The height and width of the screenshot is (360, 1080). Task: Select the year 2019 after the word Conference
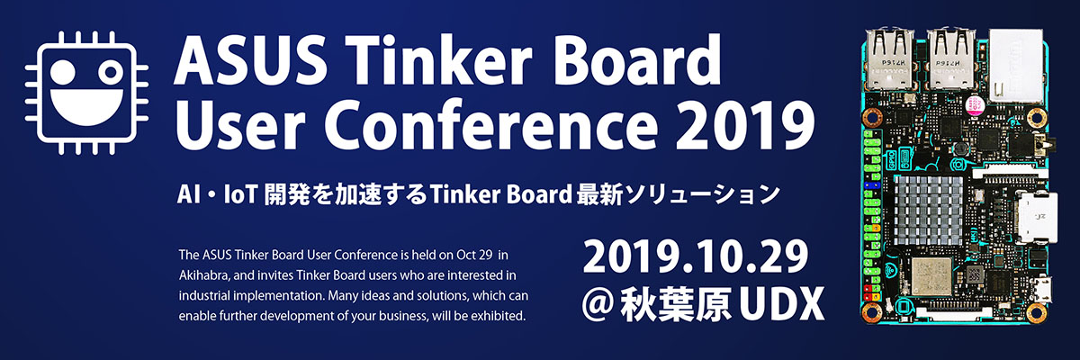coord(745,127)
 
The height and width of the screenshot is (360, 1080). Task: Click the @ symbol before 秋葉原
coord(597,304)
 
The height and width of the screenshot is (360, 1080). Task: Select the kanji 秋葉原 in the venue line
coord(674,304)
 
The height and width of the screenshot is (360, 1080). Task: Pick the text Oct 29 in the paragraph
coord(473,255)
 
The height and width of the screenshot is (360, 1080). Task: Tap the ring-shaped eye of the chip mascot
coord(111,73)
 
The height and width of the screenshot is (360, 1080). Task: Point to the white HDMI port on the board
coord(1037,217)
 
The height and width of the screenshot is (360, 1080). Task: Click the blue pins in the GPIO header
coord(871,185)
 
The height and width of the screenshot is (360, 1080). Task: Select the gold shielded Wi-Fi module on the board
coord(931,276)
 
